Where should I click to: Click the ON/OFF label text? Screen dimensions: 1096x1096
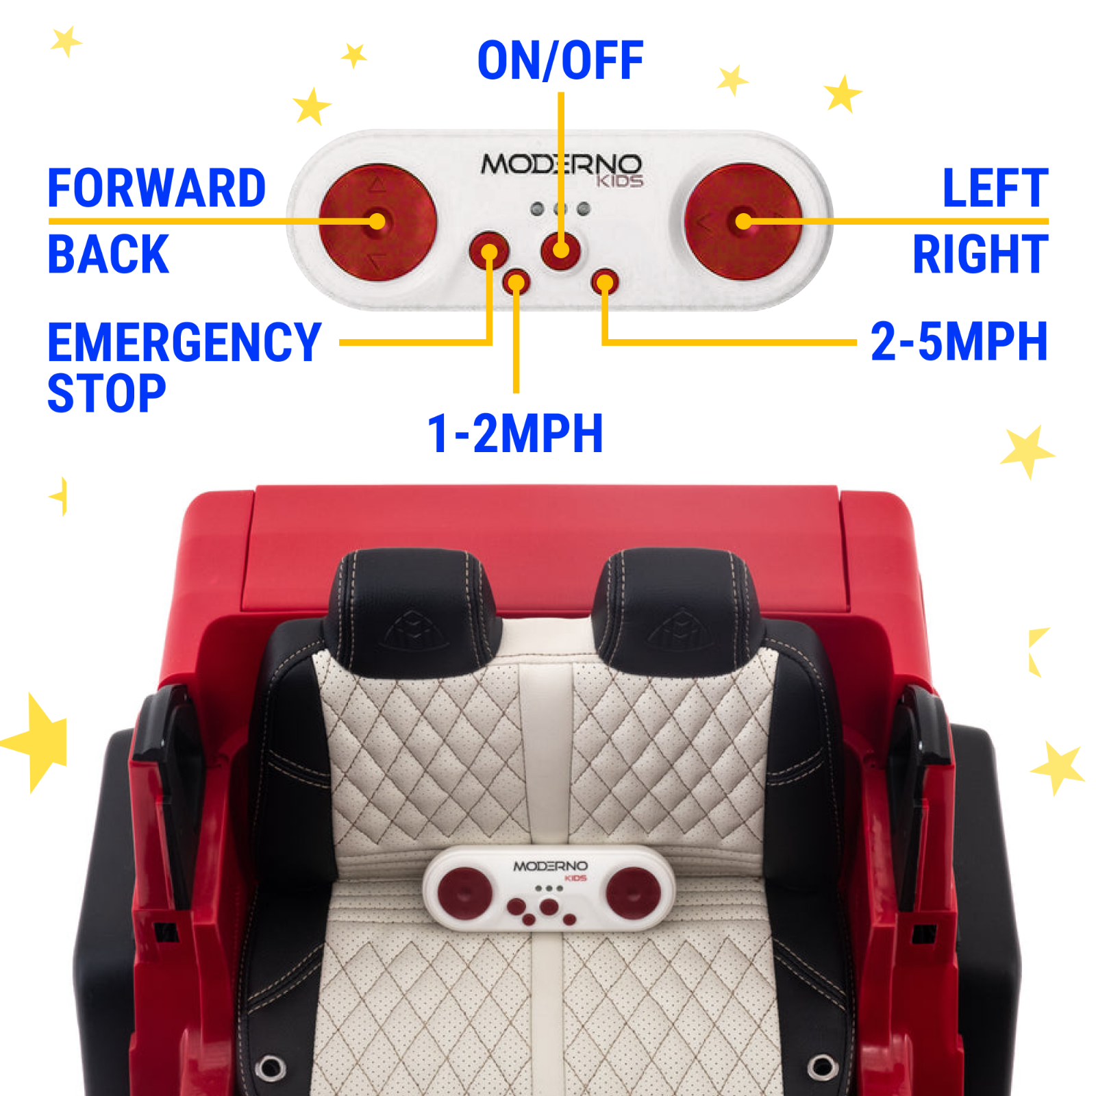560,60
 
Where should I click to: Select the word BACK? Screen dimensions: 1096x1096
108,253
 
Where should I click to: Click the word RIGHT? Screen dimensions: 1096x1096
980,253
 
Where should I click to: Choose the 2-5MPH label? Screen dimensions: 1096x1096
959,341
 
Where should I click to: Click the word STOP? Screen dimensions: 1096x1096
107,393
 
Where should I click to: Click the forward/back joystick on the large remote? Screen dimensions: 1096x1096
377,221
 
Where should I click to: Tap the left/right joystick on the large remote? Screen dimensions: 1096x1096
743,221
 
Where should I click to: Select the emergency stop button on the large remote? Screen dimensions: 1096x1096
489,251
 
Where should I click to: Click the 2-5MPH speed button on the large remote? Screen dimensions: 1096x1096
605,282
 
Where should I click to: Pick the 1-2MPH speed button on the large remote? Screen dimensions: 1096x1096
516,282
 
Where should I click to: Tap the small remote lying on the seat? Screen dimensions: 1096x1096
549,888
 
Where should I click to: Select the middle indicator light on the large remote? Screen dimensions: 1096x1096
560,209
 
